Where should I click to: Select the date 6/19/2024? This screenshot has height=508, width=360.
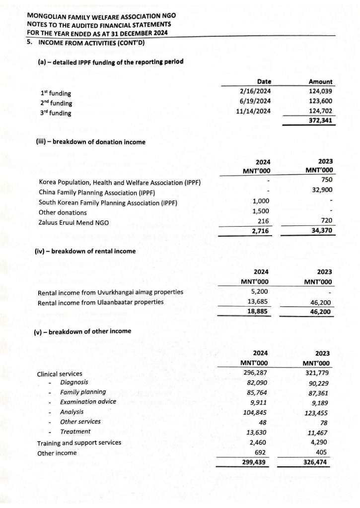(254, 101)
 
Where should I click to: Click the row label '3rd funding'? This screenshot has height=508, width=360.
(56, 113)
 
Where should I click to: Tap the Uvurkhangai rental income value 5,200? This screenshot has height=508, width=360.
(261, 292)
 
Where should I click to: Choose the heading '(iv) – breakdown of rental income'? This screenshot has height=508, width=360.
(85, 252)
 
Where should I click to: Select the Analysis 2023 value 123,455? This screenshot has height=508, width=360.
(318, 412)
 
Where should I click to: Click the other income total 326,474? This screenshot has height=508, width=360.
(318, 462)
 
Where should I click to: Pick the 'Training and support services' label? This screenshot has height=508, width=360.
(79, 443)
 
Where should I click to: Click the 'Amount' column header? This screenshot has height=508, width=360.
(320, 82)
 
